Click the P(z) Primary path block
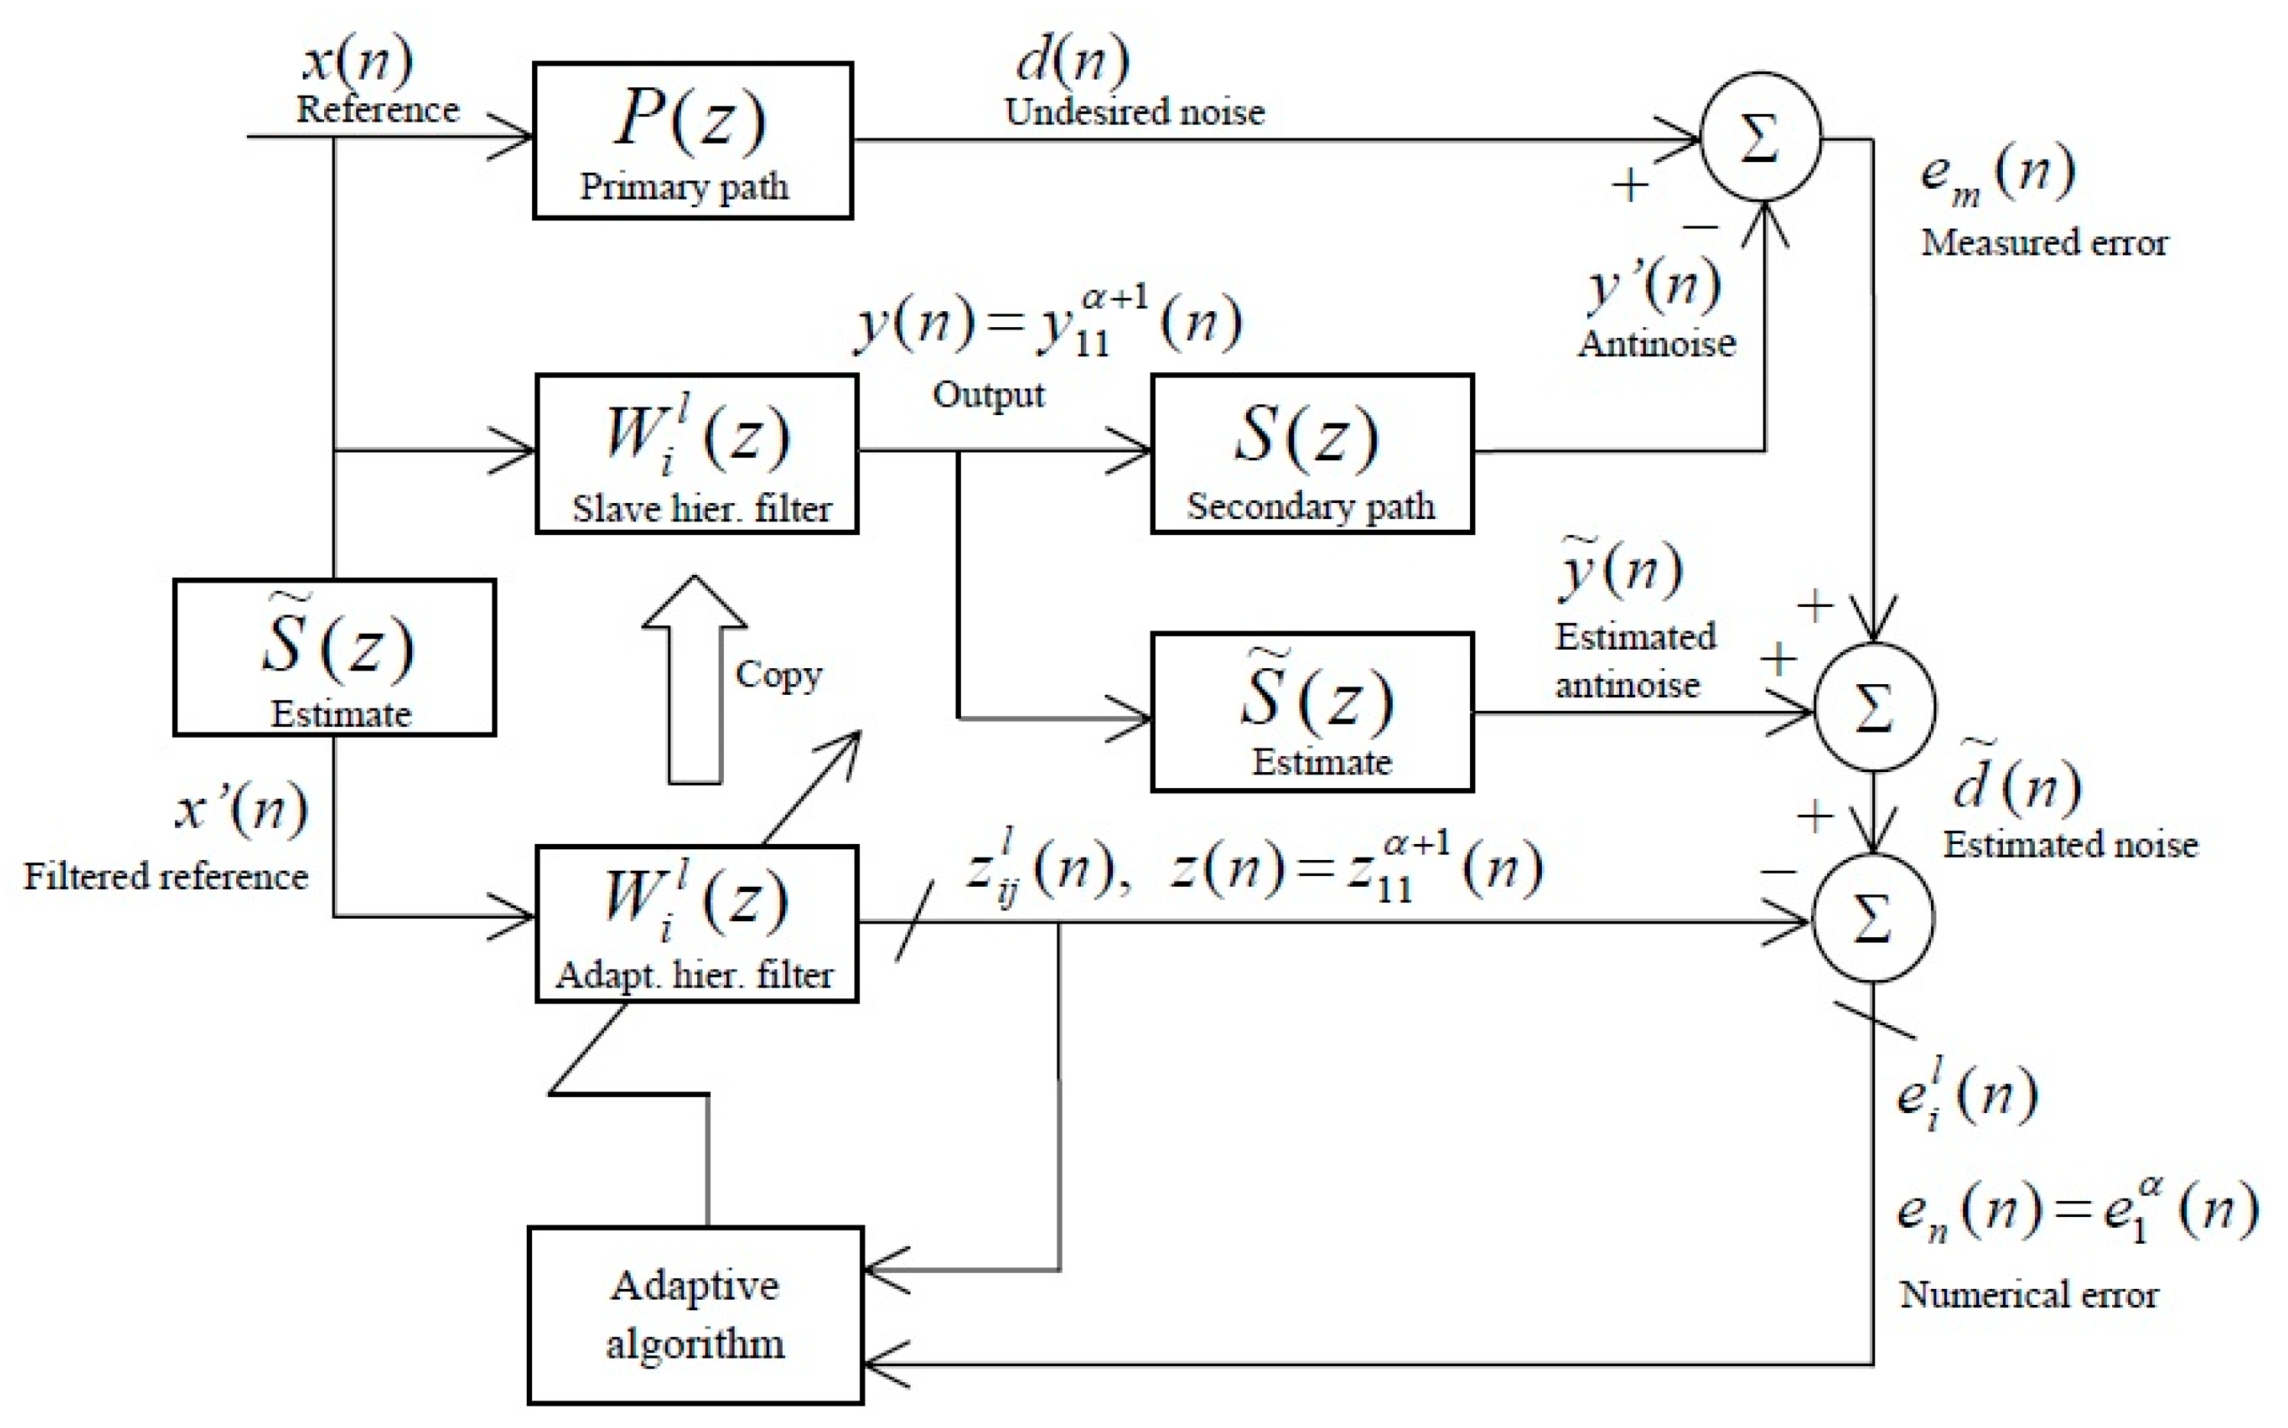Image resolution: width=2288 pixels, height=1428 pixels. pos(692,141)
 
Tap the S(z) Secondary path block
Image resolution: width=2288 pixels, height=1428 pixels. pos(1312,454)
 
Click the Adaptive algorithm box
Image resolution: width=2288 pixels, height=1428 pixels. pos(695,1315)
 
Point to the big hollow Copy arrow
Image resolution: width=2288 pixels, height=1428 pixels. pos(695,680)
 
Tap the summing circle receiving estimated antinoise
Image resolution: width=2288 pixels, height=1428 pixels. pos(1874,707)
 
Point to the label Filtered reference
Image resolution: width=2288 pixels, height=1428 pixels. pos(165,876)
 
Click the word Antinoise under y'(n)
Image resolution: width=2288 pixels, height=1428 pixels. pos(1657,342)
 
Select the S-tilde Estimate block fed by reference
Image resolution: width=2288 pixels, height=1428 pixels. pos(334,657)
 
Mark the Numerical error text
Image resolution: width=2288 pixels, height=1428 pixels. pos(2028,1294)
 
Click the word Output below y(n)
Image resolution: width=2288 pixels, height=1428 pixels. pos(988,394)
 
